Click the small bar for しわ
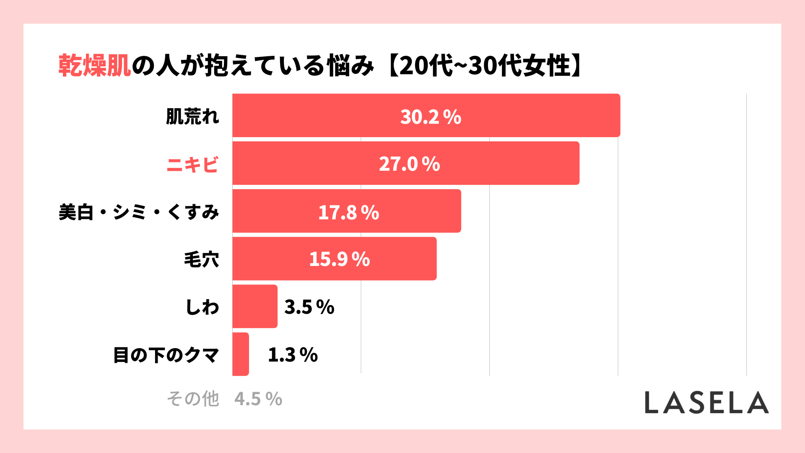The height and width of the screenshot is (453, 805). pyautogui.click(x=255, y=307)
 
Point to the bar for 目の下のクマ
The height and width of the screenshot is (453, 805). pyautogui.click(x=241, y=354)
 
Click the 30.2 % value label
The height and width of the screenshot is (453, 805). pyautogui.click(x=431, y=117)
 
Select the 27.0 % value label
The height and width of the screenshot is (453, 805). pyautogui.click(x=409, y=164)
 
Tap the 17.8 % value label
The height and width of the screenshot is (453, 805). pyautogui.click(x=348, y=212)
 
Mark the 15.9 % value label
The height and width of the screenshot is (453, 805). pyautogui.click(x=339, y=259)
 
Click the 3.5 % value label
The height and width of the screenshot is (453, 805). pyautogui.click(x=309, y=307)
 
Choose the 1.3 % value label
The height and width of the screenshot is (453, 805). pyautogui.click(x=293, y=355)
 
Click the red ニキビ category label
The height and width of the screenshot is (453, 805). pyautogui.click(x=192, y=164)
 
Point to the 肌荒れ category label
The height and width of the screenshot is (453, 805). pyautogui.click(x=192, y=116)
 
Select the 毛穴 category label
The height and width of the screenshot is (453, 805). pyautogui.click(x=202, y=259)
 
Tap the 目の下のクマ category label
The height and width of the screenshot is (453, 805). pyautogui.click(x=166, y=355)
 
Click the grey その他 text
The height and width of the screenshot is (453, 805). pyautogui.click(x=193, y=398)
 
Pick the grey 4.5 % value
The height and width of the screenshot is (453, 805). pyautogui.click(x=258, y=399)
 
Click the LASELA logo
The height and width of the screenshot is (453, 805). pyautogui.click(x=706, y=403)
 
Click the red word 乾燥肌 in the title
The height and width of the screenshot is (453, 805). pyautogui.click(x=95, y=65)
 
